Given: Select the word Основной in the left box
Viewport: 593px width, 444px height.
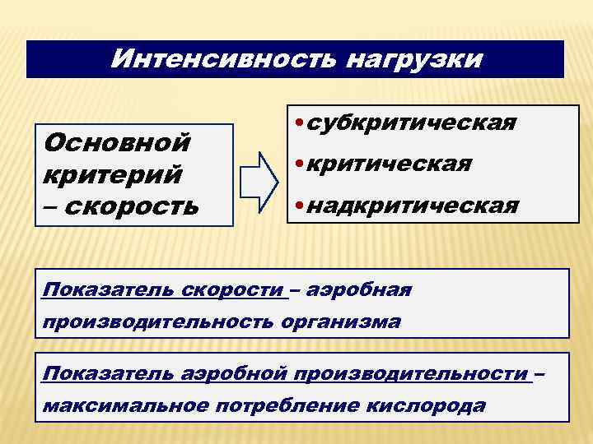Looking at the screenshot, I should tap(117, 143).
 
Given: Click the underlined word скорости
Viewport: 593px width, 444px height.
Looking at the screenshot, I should tap(240, 290).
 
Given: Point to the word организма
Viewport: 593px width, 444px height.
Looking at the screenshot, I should tap(339, 321).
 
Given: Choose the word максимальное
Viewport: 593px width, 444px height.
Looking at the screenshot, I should tap(127, 405).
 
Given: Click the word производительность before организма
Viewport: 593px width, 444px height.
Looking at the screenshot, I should tap(156, 321).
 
